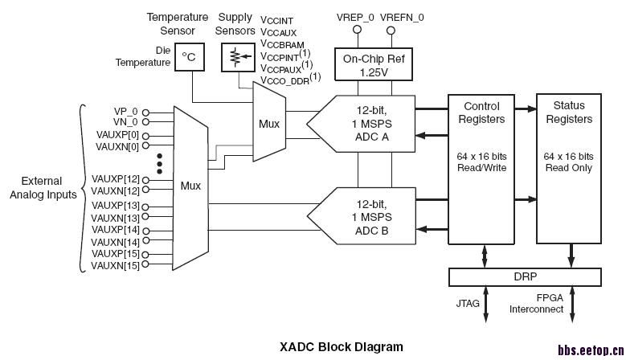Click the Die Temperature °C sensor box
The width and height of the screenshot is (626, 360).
pyautogui.click(x=189, y=57)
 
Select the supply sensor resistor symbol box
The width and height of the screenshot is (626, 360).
pyautogui.click(x=235, y=57)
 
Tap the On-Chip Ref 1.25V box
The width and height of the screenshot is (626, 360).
pyautogui.click(x=373, y=63)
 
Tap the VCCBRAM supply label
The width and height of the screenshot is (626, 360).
pyautogui.click(x=283, y=44)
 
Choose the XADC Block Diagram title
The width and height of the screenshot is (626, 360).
pyautogui.click(x=342, y=347)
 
